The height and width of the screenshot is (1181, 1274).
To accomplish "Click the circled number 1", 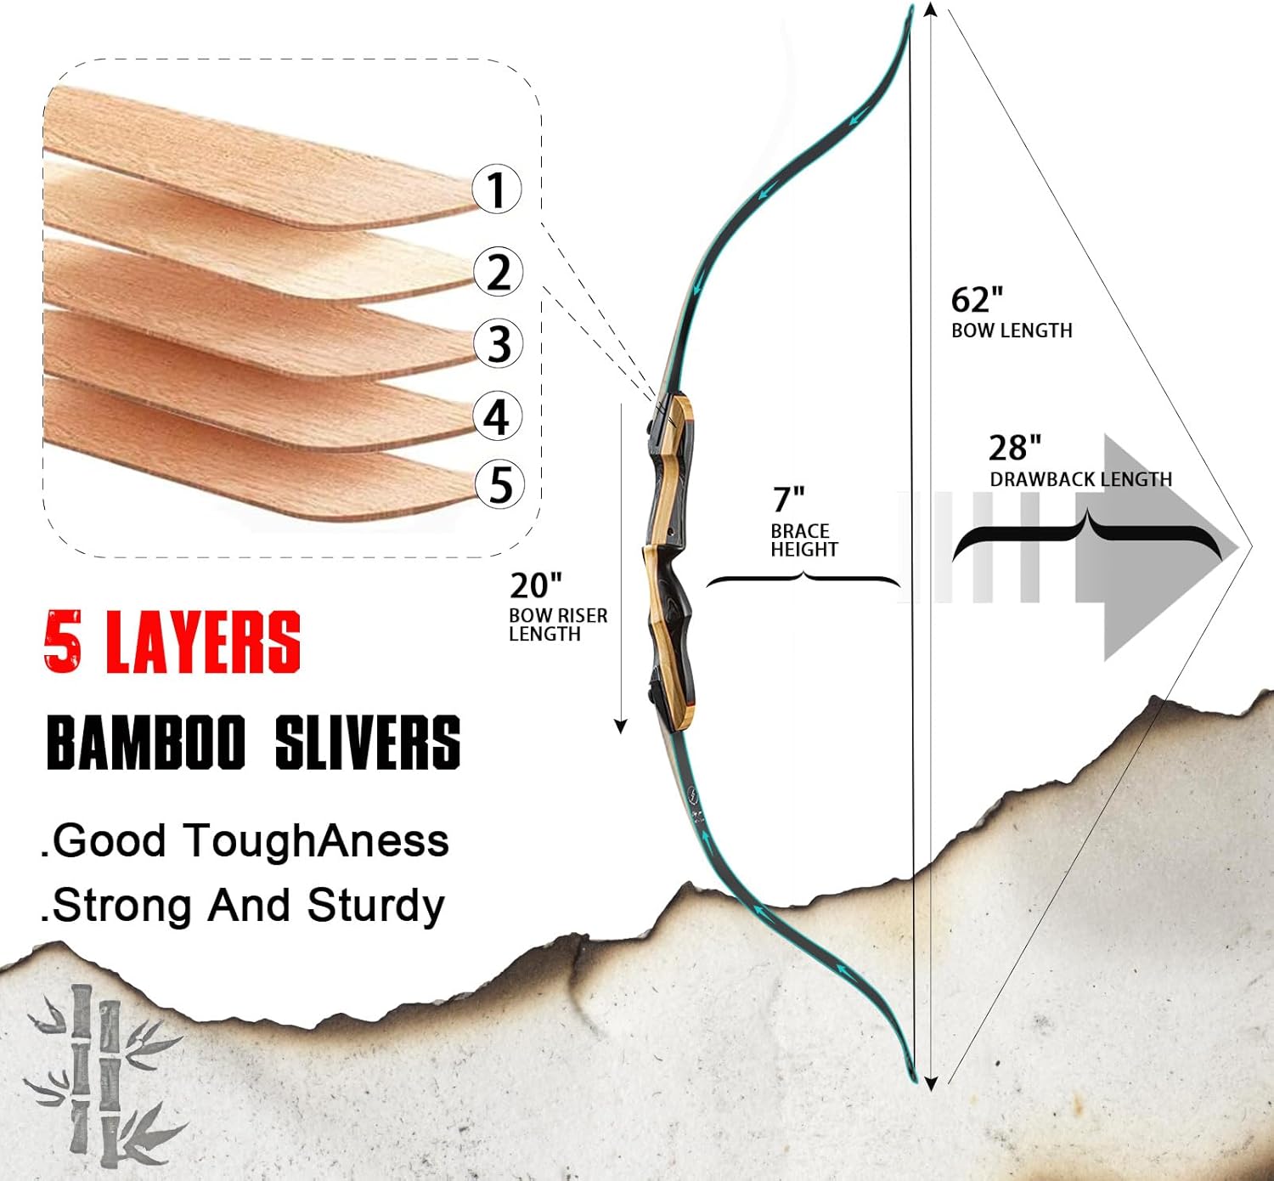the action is tap(497, 189).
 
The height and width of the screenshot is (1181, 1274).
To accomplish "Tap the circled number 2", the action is tap(498, 271).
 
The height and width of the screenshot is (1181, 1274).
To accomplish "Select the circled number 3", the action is tap(499, 343).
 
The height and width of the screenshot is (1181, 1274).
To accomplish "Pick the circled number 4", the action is tap(498, 415).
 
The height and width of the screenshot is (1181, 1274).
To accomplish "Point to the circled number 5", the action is tap(499, 484).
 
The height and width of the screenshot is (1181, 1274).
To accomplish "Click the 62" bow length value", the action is tap(977, 300).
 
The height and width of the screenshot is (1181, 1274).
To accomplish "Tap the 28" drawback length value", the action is tap(1014, 448).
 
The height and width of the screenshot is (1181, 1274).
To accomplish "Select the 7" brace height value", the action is tap(788, 499).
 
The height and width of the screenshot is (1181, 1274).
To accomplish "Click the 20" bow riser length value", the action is tap(535, 585).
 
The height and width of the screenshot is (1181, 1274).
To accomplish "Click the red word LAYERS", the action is tap(203, 642).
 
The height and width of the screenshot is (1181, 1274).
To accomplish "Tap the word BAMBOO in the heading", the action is tap(146, 742).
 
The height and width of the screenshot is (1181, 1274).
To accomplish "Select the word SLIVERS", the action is tap(368, 742).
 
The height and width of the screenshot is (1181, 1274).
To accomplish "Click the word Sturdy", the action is tap(375, 906).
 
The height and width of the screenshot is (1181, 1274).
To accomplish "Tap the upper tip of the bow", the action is tap(909, 10).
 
